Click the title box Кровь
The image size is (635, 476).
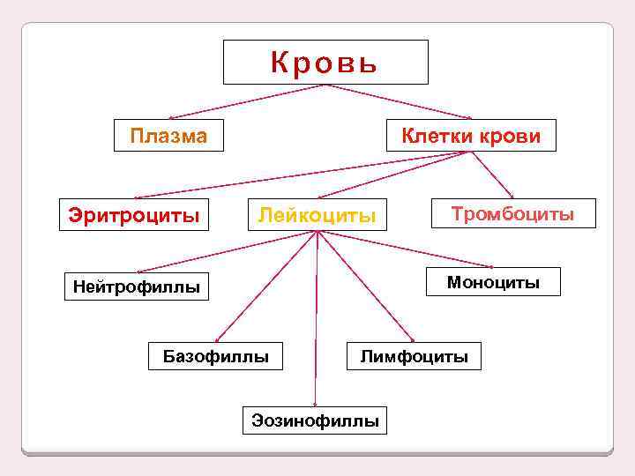click(325, 62)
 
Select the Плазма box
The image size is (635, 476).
click(168, 136)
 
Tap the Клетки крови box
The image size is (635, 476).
click(471, 136)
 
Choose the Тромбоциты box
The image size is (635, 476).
click(513, 213)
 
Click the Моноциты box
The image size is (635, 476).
click(493, 281)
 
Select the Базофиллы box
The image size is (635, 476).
click(216, 356)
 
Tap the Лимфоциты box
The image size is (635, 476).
click(414, 356)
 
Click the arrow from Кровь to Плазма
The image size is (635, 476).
click(247, 101)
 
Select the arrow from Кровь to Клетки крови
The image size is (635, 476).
click(401, 101)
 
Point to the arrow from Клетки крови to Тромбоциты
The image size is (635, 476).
click(492, 175)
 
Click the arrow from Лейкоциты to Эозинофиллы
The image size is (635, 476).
click(316, 317)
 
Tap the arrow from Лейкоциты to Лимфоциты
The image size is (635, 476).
click(364, 286)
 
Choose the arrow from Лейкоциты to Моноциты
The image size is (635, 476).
click(406, 249)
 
